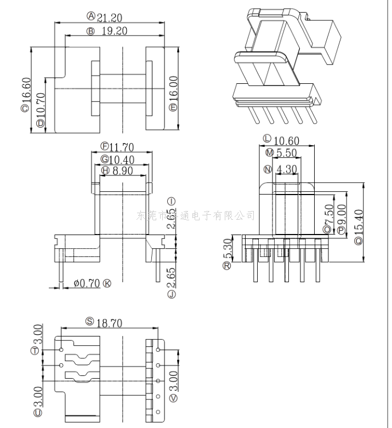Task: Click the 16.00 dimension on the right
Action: click(173, 87)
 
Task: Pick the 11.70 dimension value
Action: click(122, 147)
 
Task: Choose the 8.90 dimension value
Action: click(123, 171)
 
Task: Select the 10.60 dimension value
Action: click(286, 141)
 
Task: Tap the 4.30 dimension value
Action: click(287, 169)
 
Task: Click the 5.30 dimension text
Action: click(227, 250)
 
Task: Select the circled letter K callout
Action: click(107, 283)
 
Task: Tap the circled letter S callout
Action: click(89, 322)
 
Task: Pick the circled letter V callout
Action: click(174, 398)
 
